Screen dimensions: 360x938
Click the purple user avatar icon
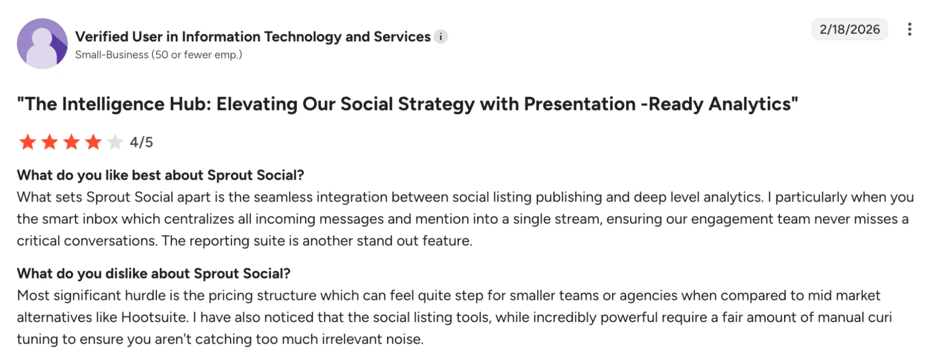[42, 44]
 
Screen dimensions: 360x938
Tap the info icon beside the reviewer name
[441, 37]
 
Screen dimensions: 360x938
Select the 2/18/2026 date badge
[849, 30]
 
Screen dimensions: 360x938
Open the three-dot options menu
[909, 30]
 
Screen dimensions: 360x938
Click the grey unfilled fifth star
[115, 142]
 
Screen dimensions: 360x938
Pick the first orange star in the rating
[28, 142]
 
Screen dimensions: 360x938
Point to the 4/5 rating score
[141, 142]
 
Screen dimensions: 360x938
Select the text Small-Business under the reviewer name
[112, 55]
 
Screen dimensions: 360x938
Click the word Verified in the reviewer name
[102, 37]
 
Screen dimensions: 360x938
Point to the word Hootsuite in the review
[154, 317]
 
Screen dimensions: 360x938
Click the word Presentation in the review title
[580, 104]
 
